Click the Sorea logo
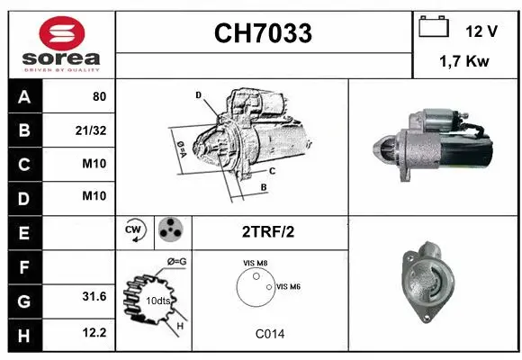(x=61, y=45)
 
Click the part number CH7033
(x=263, y=33)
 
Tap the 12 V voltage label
(x=481, y=31)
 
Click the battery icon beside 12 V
(x=434, y=28)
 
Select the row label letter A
(x=23, y=96)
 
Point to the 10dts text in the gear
(x=158, y=300)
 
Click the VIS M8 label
(x=255, y=263)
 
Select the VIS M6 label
(x=288, y=286)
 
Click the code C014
(x=269, y=334)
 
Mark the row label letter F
(x=23, y=266)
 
